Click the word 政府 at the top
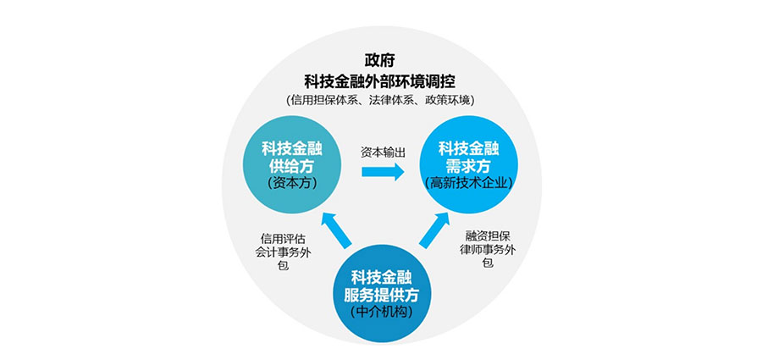click(380, 61)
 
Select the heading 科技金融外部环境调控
click(380, 80)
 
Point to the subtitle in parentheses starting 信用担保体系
click(380, 100)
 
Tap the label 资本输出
click(383, 152)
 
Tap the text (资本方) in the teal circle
click(290, 182)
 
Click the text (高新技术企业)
click(471, 182)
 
